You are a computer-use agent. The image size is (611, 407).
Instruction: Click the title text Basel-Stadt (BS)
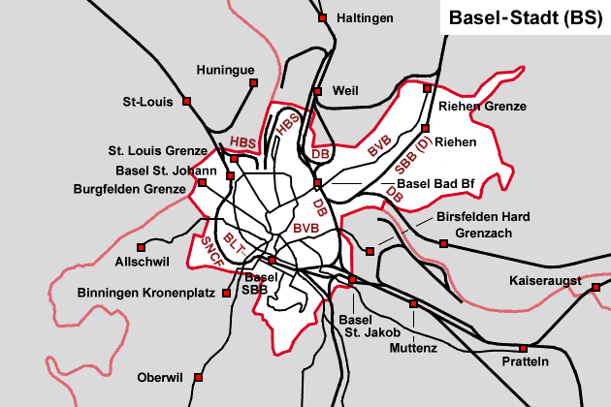click(x=525, y=17)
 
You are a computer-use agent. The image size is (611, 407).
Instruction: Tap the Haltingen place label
click(x=366, y=18)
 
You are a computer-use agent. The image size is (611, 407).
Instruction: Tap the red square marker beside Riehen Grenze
click(x=427, y=88)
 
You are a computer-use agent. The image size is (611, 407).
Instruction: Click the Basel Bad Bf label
click(x=433, y=185)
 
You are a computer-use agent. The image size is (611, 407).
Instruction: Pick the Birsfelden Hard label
click(x=483, y=216)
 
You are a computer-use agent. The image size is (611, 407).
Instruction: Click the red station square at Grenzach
click(x=444, y=243)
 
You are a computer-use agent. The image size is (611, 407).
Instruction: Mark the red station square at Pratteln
click(x=523, y=348)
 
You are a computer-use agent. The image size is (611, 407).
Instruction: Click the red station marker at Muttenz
click(x=413, y=303)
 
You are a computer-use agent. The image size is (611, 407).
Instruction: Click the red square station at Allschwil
click(x=142, y=246)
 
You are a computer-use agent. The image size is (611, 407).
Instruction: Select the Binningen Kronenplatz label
click(x=145, y=291)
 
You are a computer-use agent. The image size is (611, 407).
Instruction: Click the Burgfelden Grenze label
click(x=129, y=189)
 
